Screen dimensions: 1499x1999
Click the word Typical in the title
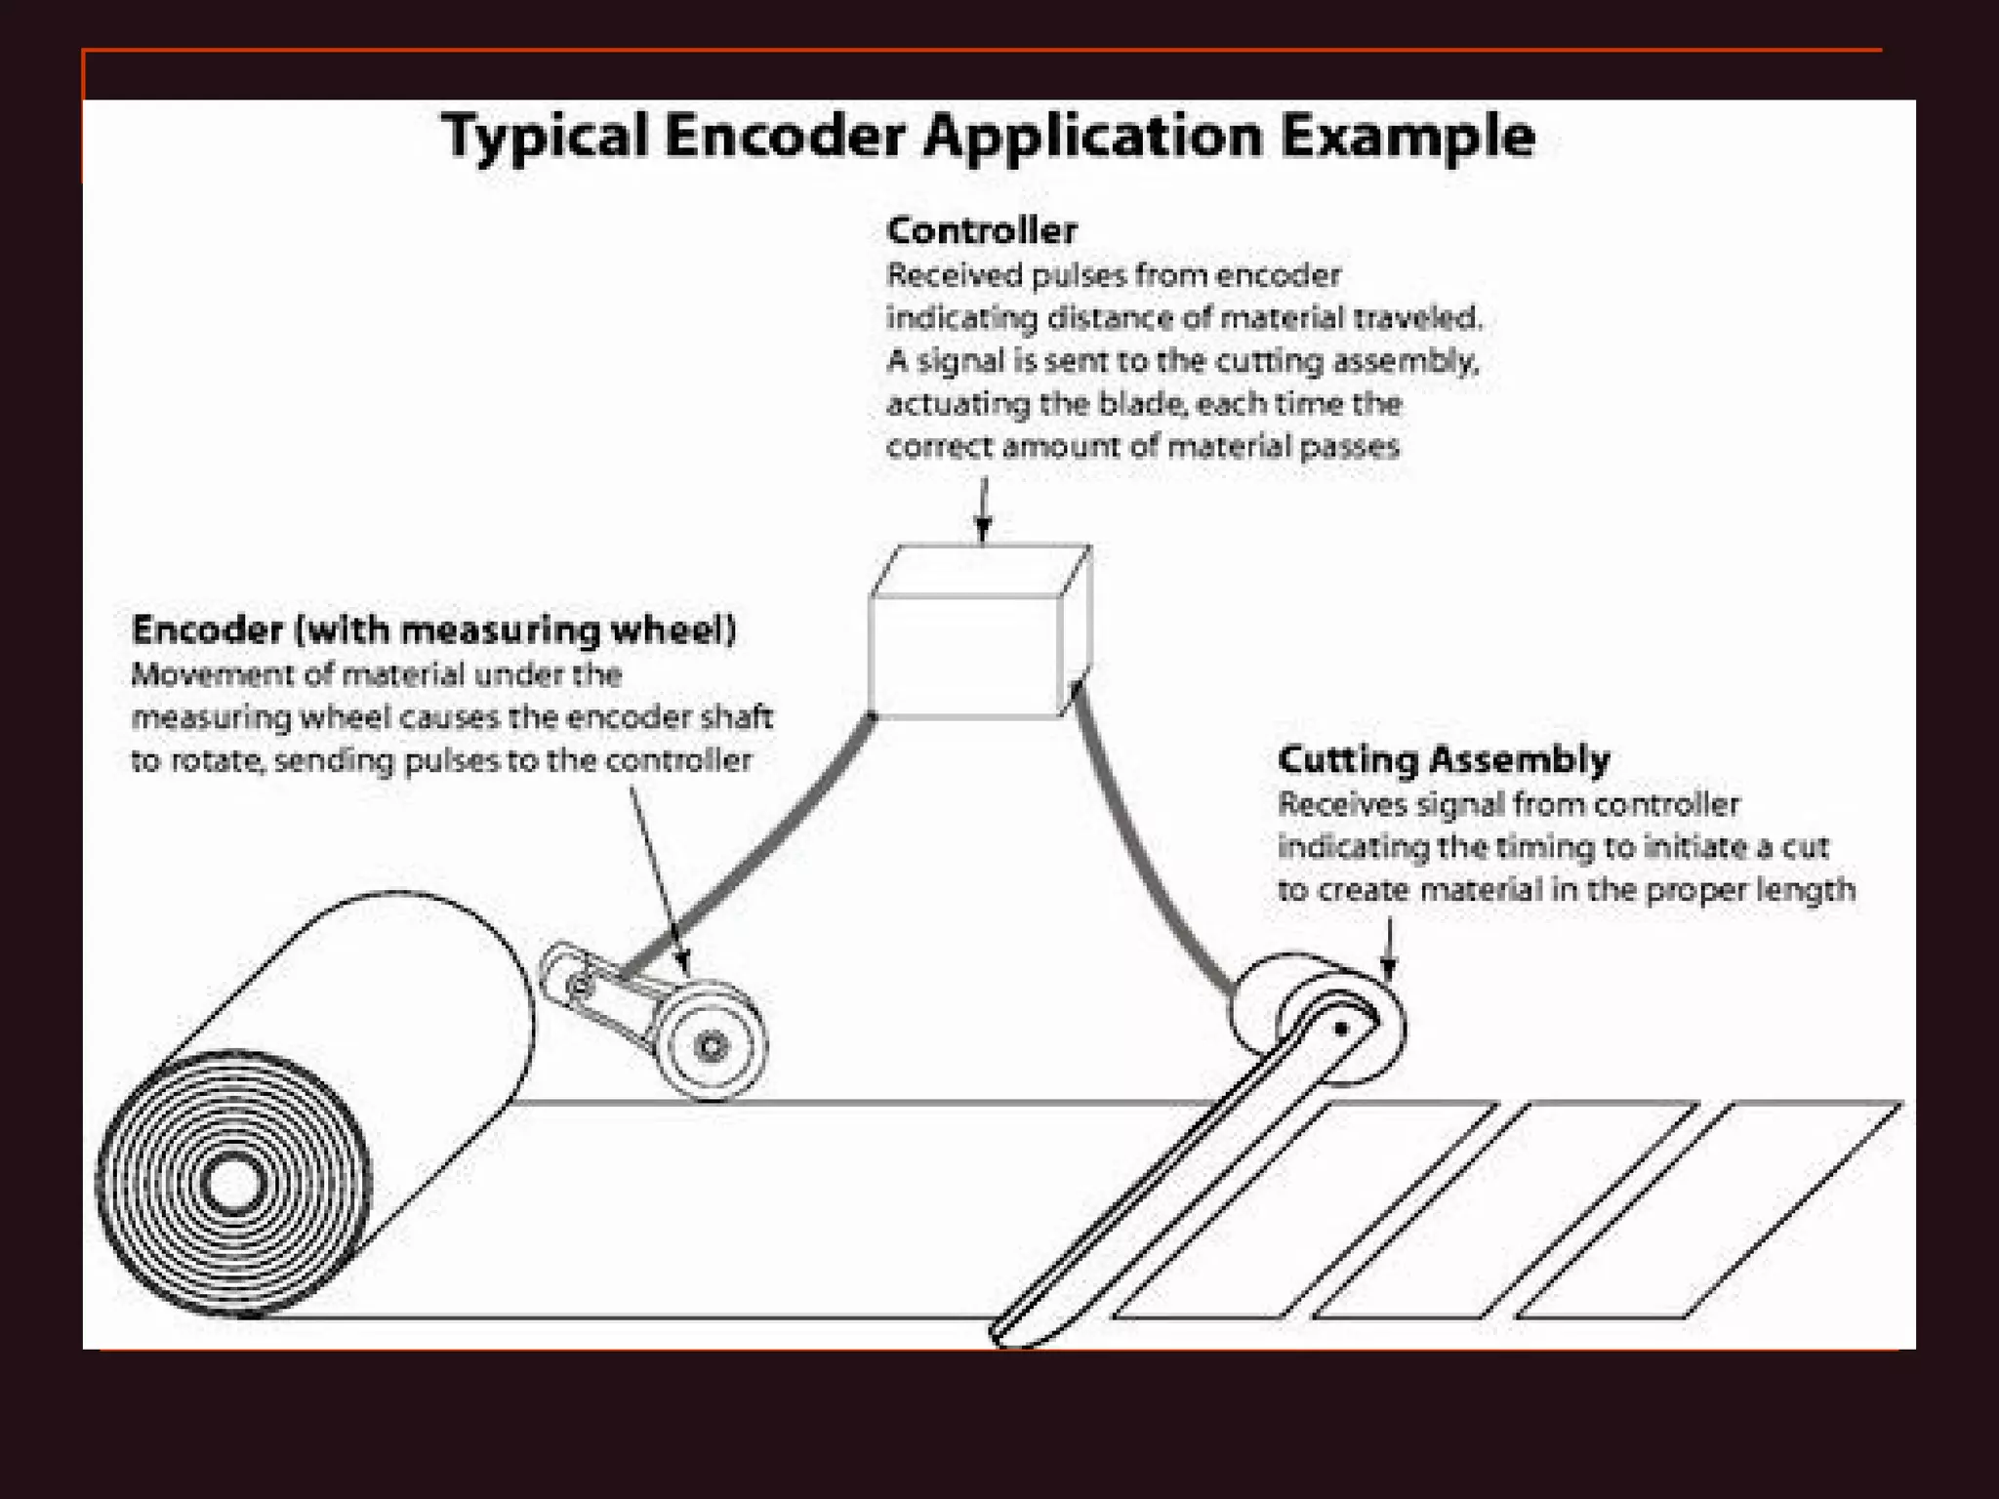(545, 137)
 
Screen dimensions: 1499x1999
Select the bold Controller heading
(981, 231)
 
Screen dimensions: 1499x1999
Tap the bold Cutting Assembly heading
(1444, 759)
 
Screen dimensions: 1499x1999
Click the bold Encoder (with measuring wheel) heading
(433, 629)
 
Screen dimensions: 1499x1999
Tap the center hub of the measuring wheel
(712, 1046)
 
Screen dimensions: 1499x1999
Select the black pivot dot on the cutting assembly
(1341, 1028)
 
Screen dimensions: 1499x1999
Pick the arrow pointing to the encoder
(659, 878)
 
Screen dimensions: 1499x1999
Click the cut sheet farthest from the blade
(1708, 1210)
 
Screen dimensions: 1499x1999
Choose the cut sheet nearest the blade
(1305, 1210)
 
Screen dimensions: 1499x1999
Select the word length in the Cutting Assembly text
(1805, 890)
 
